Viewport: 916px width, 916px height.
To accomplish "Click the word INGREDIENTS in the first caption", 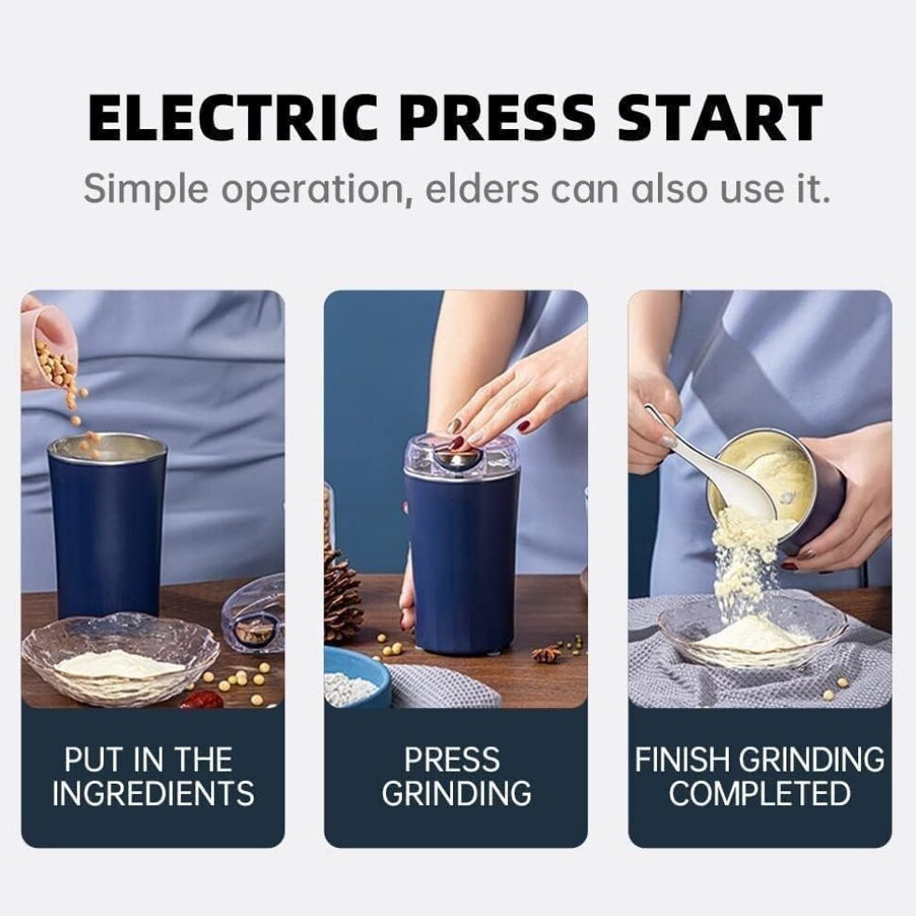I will (x=153, y=793).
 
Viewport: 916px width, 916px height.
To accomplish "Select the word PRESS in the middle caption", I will (x=452, y=760).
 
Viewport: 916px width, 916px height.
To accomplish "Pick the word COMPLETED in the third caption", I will (x=760, y=793).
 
